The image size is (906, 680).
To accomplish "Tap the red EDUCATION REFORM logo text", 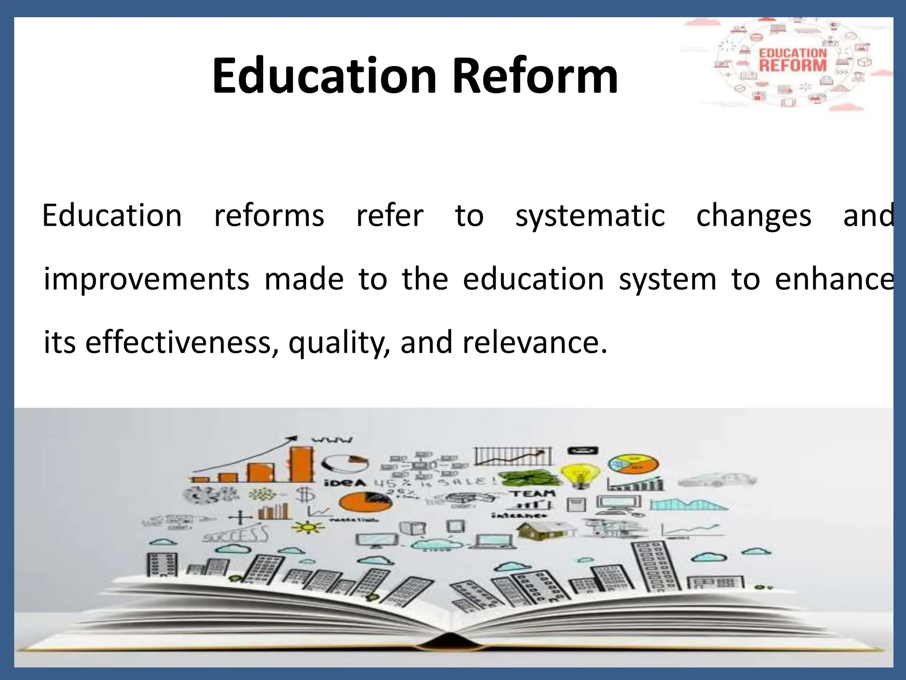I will click(793, 60).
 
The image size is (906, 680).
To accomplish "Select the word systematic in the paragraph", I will click(590, 216).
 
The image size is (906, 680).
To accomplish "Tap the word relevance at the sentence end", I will click(534, 343).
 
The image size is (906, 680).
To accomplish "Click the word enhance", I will click(833, 279).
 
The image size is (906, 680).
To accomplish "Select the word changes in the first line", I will click(753, 216).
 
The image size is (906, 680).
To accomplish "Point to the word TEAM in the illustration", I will click(534, 493).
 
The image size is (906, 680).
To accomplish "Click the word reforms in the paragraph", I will click(269, 216).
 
